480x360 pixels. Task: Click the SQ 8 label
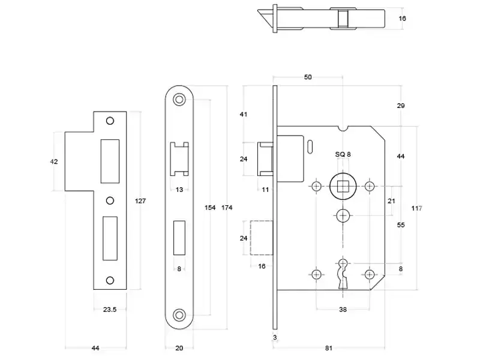[343, 154]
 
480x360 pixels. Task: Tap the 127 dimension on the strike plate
[140, 201]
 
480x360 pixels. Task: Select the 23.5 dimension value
[110, 310]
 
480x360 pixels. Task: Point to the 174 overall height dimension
[227, 208]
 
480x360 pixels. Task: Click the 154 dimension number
[210, 208]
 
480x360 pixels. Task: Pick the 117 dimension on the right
[416, 208]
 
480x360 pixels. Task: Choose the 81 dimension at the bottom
[328, 348]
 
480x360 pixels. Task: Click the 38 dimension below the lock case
[343, 310]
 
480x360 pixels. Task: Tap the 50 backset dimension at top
[308, 77]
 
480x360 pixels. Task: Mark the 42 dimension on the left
[54, 161]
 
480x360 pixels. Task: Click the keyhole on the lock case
[343, 274]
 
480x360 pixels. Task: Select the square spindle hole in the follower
[343, 187]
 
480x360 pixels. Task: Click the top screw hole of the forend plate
[179, 100]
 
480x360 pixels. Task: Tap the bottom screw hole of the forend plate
[179, 315]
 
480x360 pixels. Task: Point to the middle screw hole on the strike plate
[110, 200]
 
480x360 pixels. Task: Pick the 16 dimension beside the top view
[402, 19]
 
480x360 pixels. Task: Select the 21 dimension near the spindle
[391, 201]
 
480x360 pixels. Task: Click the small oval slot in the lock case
[310, 146]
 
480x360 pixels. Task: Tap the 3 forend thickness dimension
[275, 337]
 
